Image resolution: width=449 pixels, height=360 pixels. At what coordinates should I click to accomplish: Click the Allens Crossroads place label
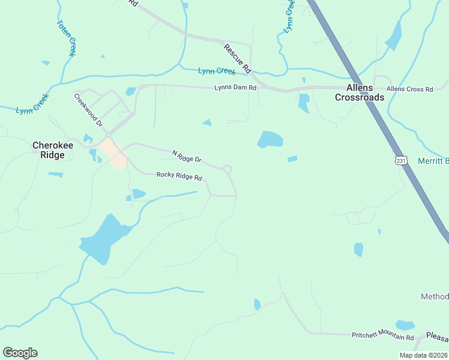point(359,92)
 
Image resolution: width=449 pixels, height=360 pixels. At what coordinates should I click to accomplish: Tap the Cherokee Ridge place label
point(48,150)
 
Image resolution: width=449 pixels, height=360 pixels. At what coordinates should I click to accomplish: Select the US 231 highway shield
point(401,160)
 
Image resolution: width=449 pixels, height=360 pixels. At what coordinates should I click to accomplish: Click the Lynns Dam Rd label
point(235,88)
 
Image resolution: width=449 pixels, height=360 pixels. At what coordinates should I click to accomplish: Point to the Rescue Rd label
point(237,59)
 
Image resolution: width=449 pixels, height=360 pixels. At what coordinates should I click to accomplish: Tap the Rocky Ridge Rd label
point(179,176)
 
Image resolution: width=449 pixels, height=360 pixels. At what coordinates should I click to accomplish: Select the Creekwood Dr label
point(89,109)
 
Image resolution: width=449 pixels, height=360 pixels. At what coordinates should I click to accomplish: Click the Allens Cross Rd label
point(409,89)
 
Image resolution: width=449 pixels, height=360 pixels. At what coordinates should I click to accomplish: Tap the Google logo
point(20,353)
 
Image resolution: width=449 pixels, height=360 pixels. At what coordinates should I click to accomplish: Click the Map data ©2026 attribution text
point(423,355)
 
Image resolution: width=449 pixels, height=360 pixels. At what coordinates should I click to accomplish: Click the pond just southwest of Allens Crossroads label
point(304,103)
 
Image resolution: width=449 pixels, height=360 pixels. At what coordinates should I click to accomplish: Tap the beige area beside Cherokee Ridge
point(115,152)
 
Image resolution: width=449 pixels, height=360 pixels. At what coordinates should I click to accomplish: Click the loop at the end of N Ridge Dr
point(228,169)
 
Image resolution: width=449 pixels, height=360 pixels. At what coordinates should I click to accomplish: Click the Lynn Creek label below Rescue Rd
point(217,71)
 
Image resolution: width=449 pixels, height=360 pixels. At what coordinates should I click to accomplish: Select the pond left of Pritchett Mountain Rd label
point(257,304)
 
